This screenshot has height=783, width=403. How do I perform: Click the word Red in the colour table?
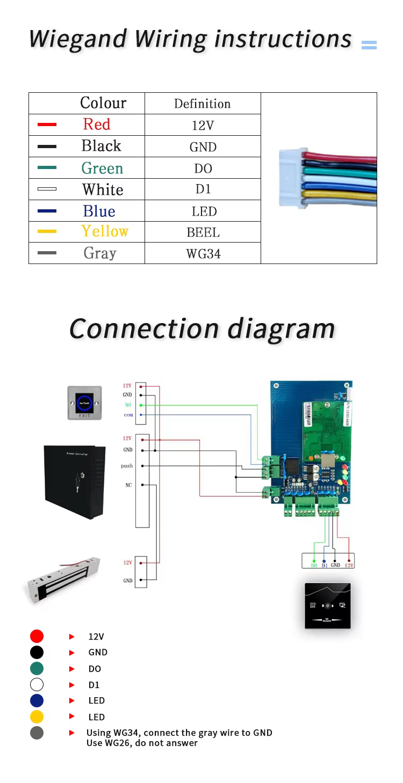[97, 125]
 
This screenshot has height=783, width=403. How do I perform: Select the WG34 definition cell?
[203, 254]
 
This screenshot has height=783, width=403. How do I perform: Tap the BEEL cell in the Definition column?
[203, 232]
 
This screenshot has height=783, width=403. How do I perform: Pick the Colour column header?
[103, 103]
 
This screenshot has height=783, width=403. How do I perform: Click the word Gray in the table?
[100, 253]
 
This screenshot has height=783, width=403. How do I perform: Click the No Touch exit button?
[85, 403]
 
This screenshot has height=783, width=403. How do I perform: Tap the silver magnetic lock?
[63, 580]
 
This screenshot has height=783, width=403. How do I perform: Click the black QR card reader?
[328, 606]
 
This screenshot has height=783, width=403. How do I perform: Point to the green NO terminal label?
[128, 405]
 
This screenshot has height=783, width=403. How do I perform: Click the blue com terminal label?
[128, 415]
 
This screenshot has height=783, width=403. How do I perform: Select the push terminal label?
[127, 466]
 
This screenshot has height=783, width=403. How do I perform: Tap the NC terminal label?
[128, 485]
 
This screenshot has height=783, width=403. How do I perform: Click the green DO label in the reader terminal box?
[314, 565]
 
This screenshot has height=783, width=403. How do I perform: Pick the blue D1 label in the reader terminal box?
[325, 565]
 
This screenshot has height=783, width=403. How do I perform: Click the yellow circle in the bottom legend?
[37, 716]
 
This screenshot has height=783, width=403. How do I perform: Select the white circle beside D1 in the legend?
[37, 684]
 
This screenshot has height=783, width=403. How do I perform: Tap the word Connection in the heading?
[144, 328]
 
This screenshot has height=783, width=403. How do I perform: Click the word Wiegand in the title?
[77, 39]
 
